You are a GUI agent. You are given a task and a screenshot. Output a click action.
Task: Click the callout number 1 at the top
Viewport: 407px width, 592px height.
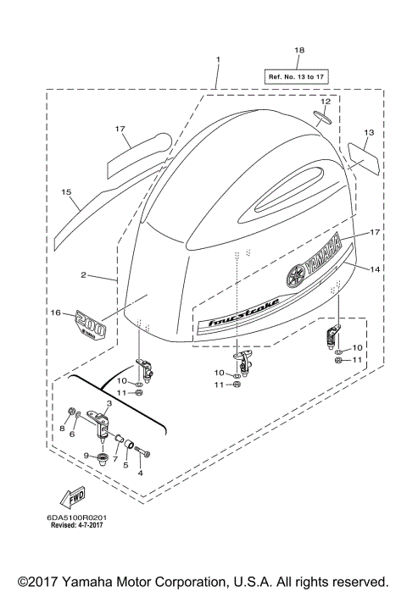217,59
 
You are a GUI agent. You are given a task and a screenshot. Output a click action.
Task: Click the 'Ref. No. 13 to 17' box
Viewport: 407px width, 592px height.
298,76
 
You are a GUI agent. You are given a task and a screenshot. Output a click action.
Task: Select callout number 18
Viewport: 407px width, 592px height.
298,51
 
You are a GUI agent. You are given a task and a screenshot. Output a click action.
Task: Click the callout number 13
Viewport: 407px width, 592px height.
369,133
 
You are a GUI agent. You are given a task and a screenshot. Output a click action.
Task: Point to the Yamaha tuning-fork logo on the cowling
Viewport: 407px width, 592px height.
295,276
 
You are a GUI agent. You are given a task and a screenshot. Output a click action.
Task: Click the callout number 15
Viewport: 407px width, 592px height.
65,192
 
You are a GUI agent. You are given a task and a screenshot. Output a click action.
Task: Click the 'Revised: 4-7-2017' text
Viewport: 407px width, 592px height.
83,525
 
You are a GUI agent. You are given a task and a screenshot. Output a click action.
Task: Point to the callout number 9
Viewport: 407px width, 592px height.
86,456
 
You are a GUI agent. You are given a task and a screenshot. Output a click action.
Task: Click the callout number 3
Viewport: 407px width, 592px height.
109,403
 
